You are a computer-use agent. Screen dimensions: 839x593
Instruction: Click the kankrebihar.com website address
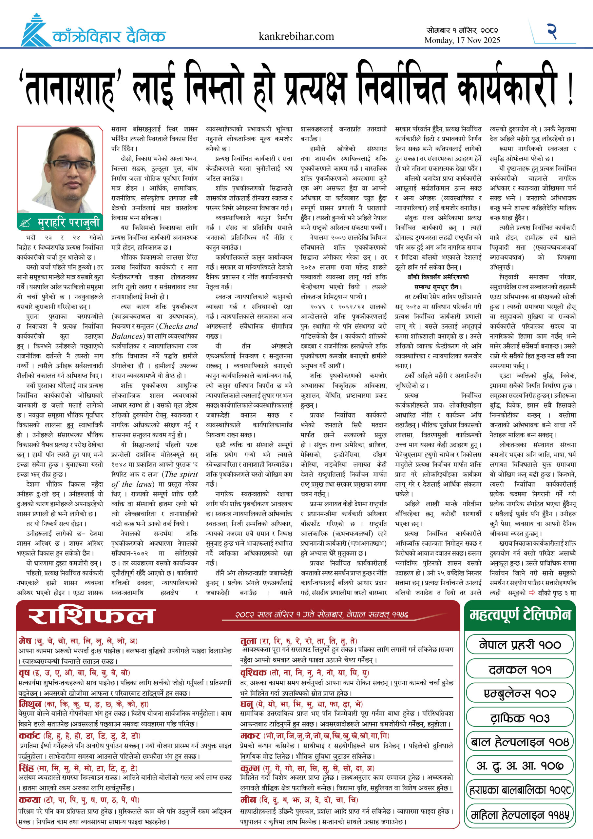click(x=296, y=36)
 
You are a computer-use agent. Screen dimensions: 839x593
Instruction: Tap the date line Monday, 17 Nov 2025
click(x=462, y=40)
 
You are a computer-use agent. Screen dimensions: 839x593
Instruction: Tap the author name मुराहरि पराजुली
click(x=68, y=223)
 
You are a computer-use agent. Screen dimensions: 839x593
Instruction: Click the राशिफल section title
click(x=92, y=616)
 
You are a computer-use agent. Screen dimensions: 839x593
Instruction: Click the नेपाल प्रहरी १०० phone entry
click(x=520, y=645)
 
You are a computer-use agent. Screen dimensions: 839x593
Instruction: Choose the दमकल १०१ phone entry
click(x=520, y=669)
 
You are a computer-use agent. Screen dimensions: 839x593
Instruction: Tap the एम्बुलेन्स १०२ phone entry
click(x=520, y=693)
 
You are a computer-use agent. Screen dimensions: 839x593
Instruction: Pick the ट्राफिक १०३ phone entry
click(x=520, y=718)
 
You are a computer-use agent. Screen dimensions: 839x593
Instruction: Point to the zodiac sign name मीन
click(x=248, y=800)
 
